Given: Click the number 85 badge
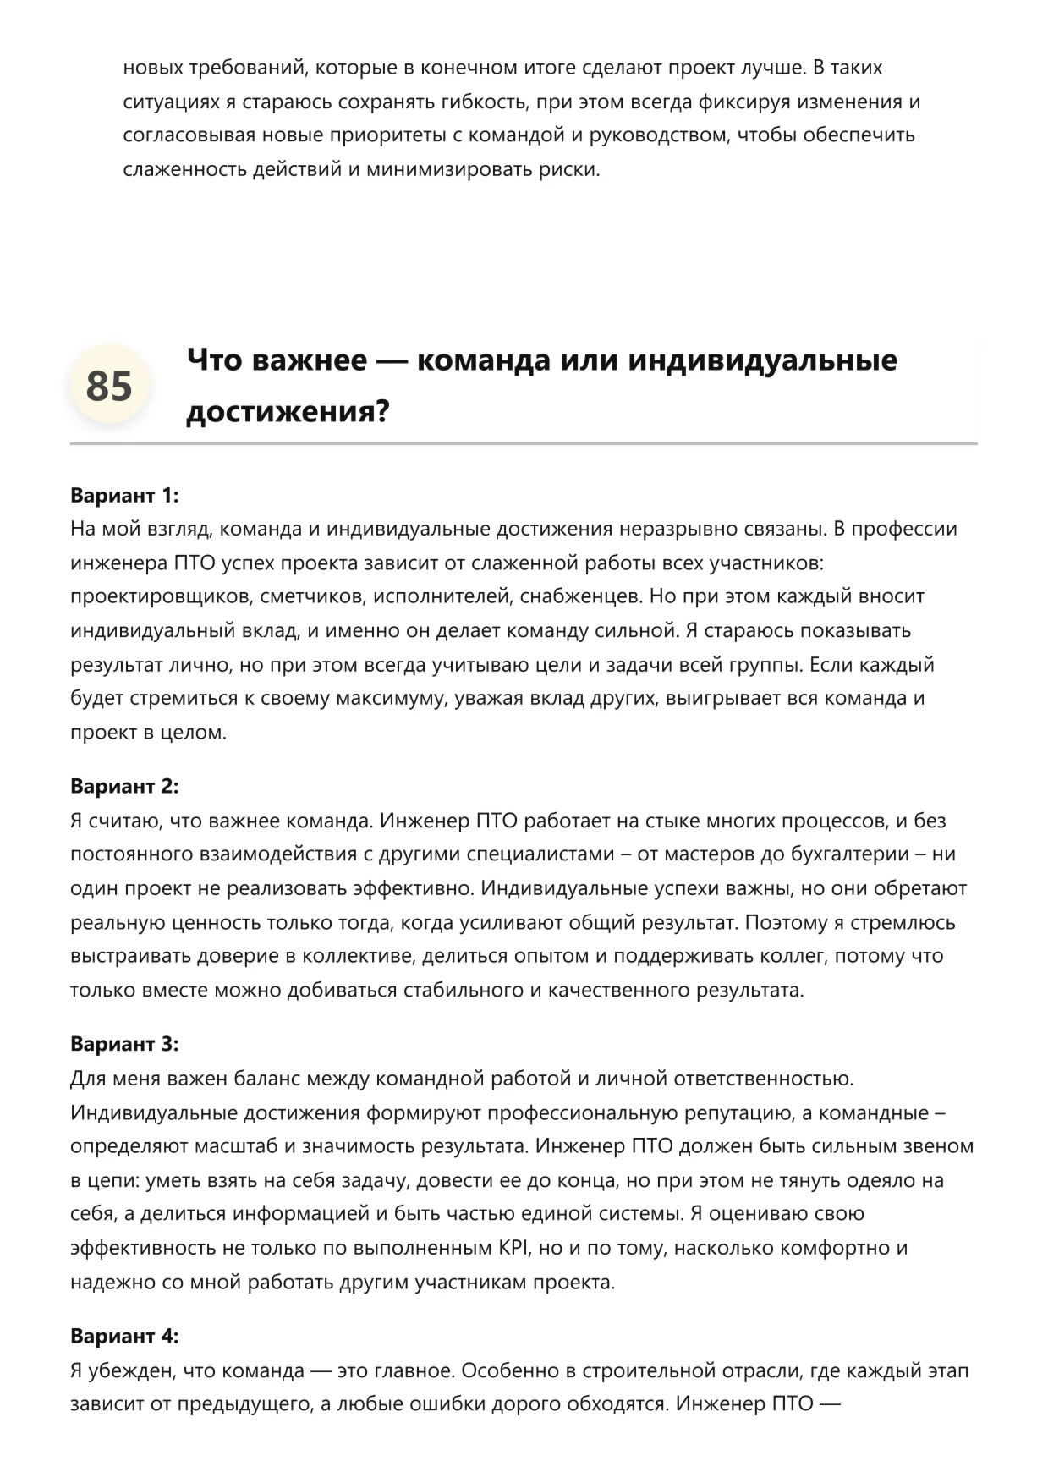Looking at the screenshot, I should [109, 386].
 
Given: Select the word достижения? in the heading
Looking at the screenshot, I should [288, 412].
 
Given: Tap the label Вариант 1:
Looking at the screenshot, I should [124, 495].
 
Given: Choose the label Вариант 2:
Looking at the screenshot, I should [124, 786].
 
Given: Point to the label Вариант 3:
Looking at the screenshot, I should [124, 1044].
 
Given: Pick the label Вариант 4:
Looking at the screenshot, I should [124, 1336].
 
